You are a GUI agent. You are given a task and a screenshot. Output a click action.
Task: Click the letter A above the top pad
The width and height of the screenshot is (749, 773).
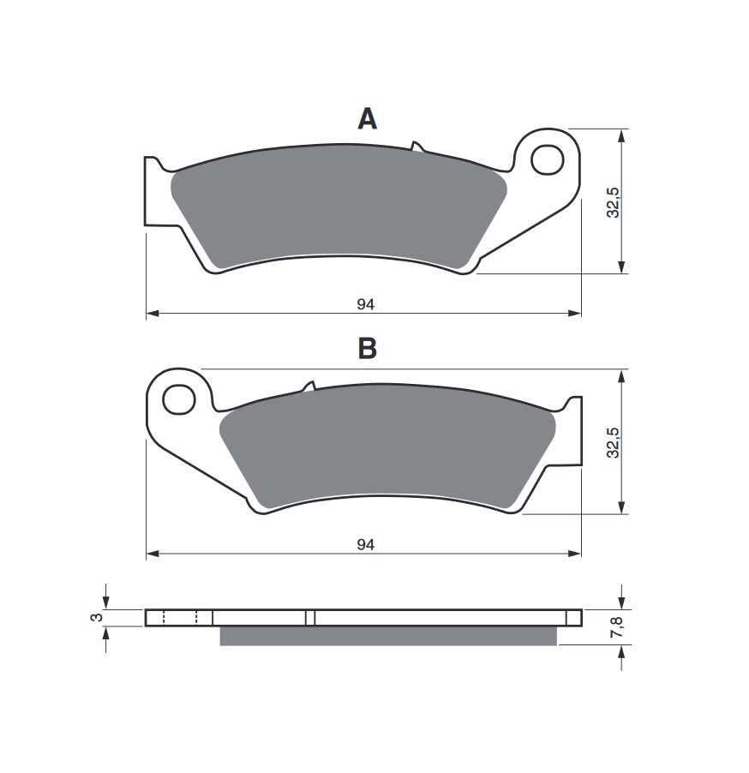[367, 118]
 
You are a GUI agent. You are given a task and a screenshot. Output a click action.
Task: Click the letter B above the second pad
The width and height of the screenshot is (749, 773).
[367, 349]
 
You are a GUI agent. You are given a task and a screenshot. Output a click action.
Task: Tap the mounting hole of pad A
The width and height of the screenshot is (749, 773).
[544, 159]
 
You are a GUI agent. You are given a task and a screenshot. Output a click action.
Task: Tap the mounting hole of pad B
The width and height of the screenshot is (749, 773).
[178, 399]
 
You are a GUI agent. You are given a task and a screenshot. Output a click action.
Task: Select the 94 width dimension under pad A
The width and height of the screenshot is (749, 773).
[366, 304]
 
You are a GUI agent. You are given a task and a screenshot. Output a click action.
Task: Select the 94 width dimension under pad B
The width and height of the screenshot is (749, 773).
[366, 544]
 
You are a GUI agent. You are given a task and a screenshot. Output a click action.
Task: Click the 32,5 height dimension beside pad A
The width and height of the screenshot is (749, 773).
[612, 202]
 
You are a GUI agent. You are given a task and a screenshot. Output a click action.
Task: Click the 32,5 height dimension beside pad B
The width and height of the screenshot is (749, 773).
[612, 442]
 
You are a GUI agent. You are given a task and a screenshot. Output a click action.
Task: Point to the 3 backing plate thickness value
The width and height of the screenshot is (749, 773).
[97, 617]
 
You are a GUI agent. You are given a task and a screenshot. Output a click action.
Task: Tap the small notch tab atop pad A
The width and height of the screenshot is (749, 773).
[416, 147]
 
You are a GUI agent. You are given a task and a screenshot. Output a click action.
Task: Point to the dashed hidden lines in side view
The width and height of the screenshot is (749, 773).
[179, 618]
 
